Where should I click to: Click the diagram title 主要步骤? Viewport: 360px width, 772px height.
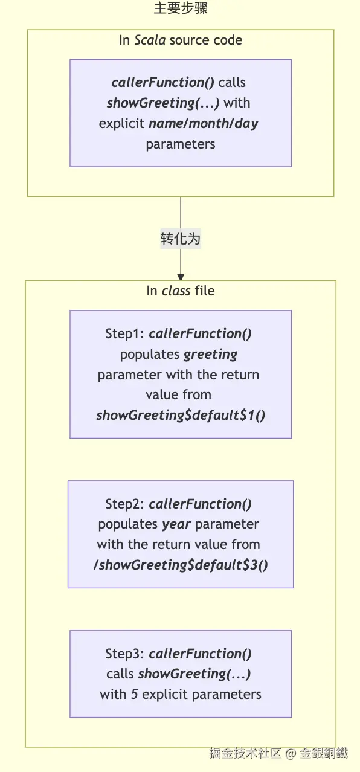click(181, 8)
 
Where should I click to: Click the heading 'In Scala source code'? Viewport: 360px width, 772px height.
click(181, 40)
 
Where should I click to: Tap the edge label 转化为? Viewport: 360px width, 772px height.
click(181, 239)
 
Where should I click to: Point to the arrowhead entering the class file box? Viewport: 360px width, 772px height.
click(181, 277)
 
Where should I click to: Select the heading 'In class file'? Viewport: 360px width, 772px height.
click(181, 291)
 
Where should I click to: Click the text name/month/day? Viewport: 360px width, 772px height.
click(203, 124)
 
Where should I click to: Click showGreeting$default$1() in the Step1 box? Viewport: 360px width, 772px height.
click(181, 415)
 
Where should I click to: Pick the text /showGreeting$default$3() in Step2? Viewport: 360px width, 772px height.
click(181, 565)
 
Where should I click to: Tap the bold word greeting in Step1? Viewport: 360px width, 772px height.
click(210, 355)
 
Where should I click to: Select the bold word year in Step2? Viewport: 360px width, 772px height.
click(176, 524)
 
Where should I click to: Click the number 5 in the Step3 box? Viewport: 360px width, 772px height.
click(134, 695)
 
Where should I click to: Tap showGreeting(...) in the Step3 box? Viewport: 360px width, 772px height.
click(194, 674)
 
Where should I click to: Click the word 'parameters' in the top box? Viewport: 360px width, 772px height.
click(181, 144)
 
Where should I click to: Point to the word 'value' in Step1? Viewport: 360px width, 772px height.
click(159, 395)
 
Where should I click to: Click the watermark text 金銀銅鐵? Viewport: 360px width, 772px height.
click(323, 753)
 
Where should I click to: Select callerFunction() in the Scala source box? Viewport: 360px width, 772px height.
click(162, 83)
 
